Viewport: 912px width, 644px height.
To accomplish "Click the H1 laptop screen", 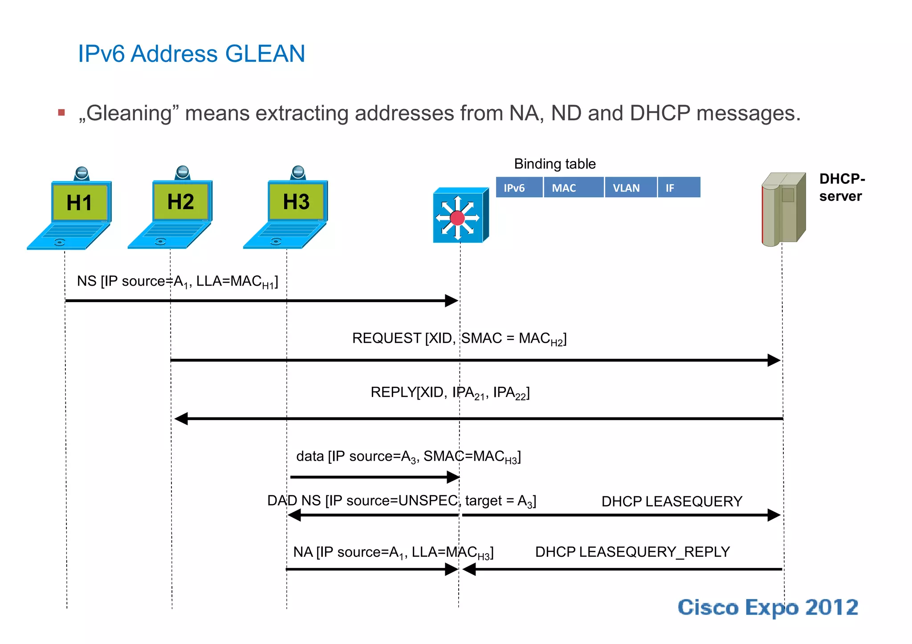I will click(80, 203).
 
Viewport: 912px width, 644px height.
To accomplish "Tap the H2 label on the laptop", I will click(180, 202).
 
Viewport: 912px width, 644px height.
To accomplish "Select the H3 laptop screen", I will click(296, 202).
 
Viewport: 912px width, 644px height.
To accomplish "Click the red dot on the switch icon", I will click(457, 218).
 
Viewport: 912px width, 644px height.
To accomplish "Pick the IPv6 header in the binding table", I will click(514, 188).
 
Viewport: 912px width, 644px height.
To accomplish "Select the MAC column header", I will click(564, 188).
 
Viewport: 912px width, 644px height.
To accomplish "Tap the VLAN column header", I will click(626, 188).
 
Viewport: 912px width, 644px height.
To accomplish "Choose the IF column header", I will click(670, 188).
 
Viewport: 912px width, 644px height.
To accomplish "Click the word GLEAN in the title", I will click(265, 54).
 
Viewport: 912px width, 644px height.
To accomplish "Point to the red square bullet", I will click(61, 113).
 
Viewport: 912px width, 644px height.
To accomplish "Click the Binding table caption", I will click(555, 164).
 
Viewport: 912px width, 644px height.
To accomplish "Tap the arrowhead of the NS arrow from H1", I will click(451, 301).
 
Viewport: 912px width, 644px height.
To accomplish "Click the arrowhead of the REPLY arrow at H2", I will click(181, 418).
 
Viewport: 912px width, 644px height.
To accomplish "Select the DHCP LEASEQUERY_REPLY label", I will click(632, 552).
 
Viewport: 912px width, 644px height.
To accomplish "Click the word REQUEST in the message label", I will click(387, 338).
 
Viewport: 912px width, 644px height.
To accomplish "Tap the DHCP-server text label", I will click(842, 187).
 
